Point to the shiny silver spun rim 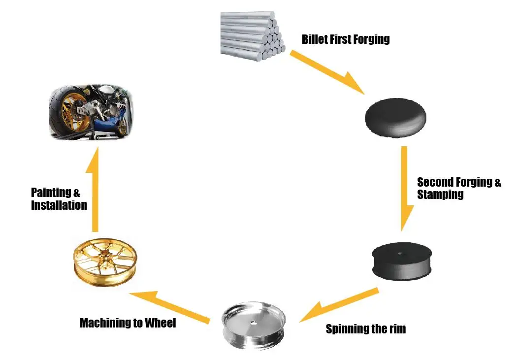(254, 326)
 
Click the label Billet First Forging (346, 39)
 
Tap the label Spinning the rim (366, 328)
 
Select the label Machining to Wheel (128, 323)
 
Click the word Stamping (440, 195)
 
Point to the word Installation (59, 205)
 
